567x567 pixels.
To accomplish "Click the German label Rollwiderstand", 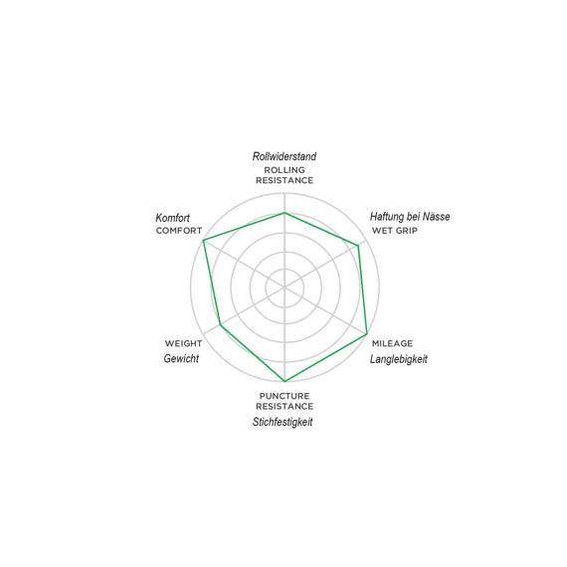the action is point(284,156).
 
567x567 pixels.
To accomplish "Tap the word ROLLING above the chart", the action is point(284,170).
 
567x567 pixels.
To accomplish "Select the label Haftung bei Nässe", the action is point(410,217).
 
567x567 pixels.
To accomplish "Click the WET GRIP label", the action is point(395,231).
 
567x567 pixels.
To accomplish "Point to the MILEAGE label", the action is point(392,343).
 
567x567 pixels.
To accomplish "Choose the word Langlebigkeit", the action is point(399,359).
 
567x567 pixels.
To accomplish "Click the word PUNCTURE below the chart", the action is point(284,396).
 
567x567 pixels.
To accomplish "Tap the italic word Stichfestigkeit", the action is point(283,422).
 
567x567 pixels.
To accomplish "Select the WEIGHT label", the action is point(183,343).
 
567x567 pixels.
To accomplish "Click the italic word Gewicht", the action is point(181,358).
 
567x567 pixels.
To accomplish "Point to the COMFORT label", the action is point(179,231).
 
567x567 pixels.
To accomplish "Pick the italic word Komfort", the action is point(172,218).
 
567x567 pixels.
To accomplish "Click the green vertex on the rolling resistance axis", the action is point(284,213).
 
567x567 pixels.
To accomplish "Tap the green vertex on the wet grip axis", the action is point(358,246).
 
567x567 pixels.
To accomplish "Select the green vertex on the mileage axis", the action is point(367,333).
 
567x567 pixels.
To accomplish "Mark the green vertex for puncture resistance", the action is point(284,381).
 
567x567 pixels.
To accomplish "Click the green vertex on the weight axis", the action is point(221,325).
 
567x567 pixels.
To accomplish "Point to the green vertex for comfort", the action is point(204,240).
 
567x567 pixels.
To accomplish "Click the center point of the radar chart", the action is point(284,287).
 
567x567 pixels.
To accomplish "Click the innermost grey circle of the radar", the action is point(284,269).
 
